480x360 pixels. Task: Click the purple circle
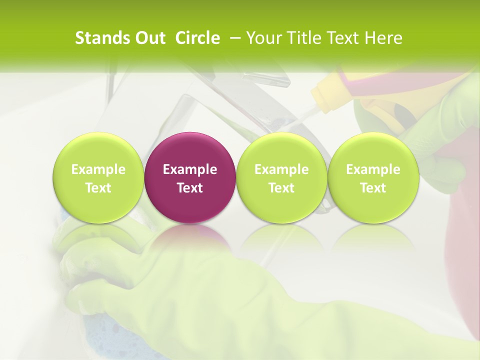[x=189, y=177]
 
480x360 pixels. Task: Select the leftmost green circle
[x=98, y=177]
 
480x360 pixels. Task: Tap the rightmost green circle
[x=373, y=177]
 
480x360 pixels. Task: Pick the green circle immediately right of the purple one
[x=281, y=177]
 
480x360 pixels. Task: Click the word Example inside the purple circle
[x=190, y=169]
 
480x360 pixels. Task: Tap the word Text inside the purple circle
[x=190, y=188]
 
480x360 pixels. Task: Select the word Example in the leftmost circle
[x=98, y=169]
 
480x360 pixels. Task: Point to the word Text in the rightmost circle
[x=373, y=188]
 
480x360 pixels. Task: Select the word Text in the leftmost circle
[x=98, y=188]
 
